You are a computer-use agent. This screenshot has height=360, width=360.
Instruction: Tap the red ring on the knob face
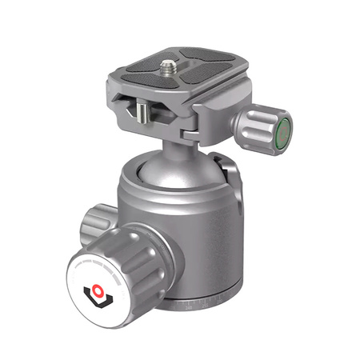(x=101, y=287)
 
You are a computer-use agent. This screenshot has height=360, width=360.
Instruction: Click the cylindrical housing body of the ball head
(x=200, y=232)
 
